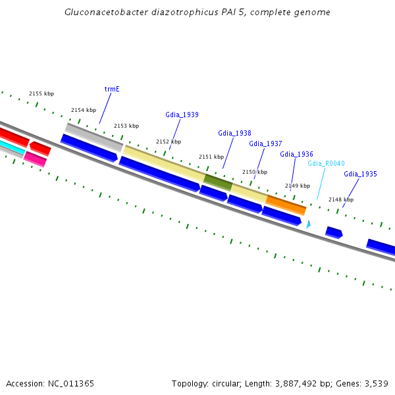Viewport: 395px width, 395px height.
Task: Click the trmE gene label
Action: click(x=112, y=88)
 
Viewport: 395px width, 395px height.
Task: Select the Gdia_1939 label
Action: click(x=182, y=115)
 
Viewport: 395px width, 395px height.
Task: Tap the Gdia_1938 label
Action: click(x=234, y=133)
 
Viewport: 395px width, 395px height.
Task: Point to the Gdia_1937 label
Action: click(x=265, y=144)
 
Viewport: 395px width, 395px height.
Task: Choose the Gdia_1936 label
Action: click(x=296, y=154)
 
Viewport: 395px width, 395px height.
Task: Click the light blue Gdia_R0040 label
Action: click(x=326, y=163)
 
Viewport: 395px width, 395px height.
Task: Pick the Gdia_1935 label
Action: click(x=360, y=174)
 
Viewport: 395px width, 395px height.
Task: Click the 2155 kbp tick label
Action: click(x=41, y=94)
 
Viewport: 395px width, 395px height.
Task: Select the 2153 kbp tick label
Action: click(x=126, y=126)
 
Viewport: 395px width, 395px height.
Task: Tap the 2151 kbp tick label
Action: click(x=211, y=157)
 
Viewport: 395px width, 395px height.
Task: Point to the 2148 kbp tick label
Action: click(x=341, y=199)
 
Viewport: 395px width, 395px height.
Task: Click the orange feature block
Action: click(x=286, y=204)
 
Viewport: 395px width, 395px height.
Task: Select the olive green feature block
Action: click(x=218, y=182)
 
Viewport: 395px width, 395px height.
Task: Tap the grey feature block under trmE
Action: click(x=94, y=136)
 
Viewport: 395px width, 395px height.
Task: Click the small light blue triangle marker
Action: click(x=307, y=224)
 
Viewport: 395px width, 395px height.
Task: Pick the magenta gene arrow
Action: click(x=35, y=159)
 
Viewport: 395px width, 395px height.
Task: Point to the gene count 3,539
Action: click(x=375, y=383)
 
